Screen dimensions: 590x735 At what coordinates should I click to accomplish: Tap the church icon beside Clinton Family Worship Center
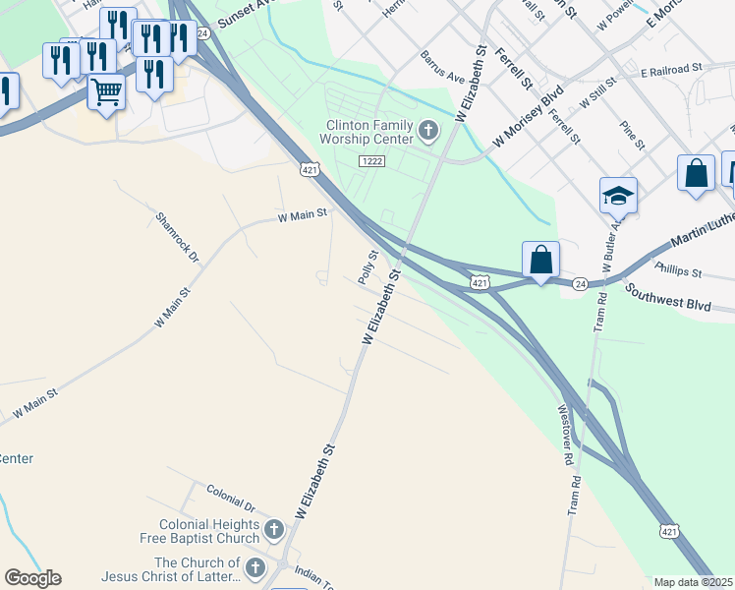[428, 130]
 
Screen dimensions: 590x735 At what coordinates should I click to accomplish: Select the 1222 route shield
[371, 160]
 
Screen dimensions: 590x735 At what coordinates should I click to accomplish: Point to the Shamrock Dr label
[177, 236]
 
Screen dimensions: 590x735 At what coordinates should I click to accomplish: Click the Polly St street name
[368, 267]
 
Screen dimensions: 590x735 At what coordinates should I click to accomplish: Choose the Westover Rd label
[563, 434]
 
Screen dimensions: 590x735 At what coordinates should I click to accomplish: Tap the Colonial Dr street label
[231, 498]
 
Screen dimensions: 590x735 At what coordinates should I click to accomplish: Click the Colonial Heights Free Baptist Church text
[209, 531]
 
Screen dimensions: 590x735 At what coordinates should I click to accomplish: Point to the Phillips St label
[677, 270]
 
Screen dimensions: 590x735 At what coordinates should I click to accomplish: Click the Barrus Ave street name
[441, 68]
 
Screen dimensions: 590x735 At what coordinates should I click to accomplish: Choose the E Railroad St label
[672, 70]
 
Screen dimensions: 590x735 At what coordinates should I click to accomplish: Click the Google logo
[32, 578]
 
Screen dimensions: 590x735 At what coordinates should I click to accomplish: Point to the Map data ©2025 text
[693, 582]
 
